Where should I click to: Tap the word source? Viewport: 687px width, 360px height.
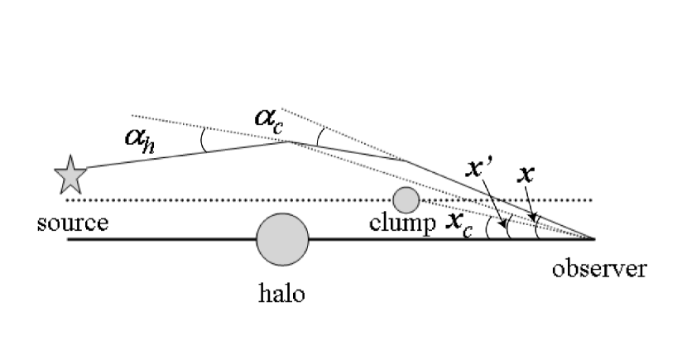[x=74, y=224]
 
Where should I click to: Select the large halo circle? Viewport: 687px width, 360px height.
[x=282, y=238]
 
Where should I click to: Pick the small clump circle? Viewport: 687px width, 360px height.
[x=406, y=199]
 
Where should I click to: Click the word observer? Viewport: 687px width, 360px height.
[x=601, y=270]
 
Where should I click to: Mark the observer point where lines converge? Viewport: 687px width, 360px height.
[x=593, y=239]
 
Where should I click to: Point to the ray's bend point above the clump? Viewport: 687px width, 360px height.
[x=406, y=161]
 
